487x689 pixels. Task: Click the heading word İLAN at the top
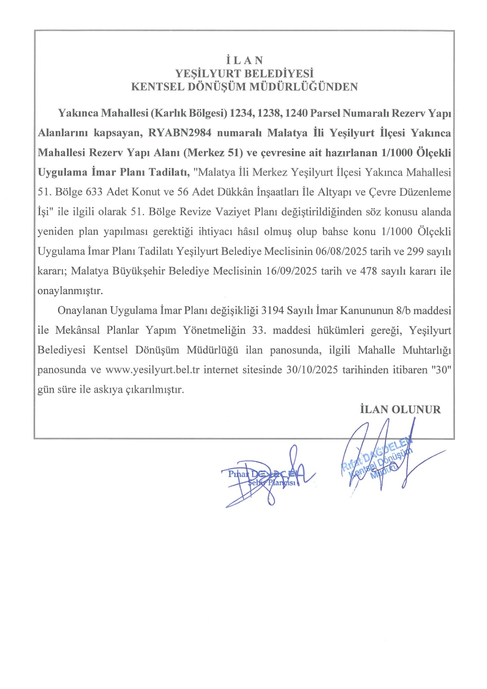coord(244,60)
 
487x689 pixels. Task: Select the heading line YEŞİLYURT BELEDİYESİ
coord(244,74)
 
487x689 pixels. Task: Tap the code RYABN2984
coord(180,133)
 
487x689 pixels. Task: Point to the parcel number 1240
coord(296,113)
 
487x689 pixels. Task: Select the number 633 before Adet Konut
coord(94,192)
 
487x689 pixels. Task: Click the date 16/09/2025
coord(292,271)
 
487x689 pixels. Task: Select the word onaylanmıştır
coord(70,291)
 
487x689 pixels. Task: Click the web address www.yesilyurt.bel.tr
coord(152,370)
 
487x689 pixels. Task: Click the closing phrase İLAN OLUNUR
coord(400,410)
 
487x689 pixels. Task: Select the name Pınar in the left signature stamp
coord(238,474)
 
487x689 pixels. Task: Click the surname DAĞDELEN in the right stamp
coord(388,449)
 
